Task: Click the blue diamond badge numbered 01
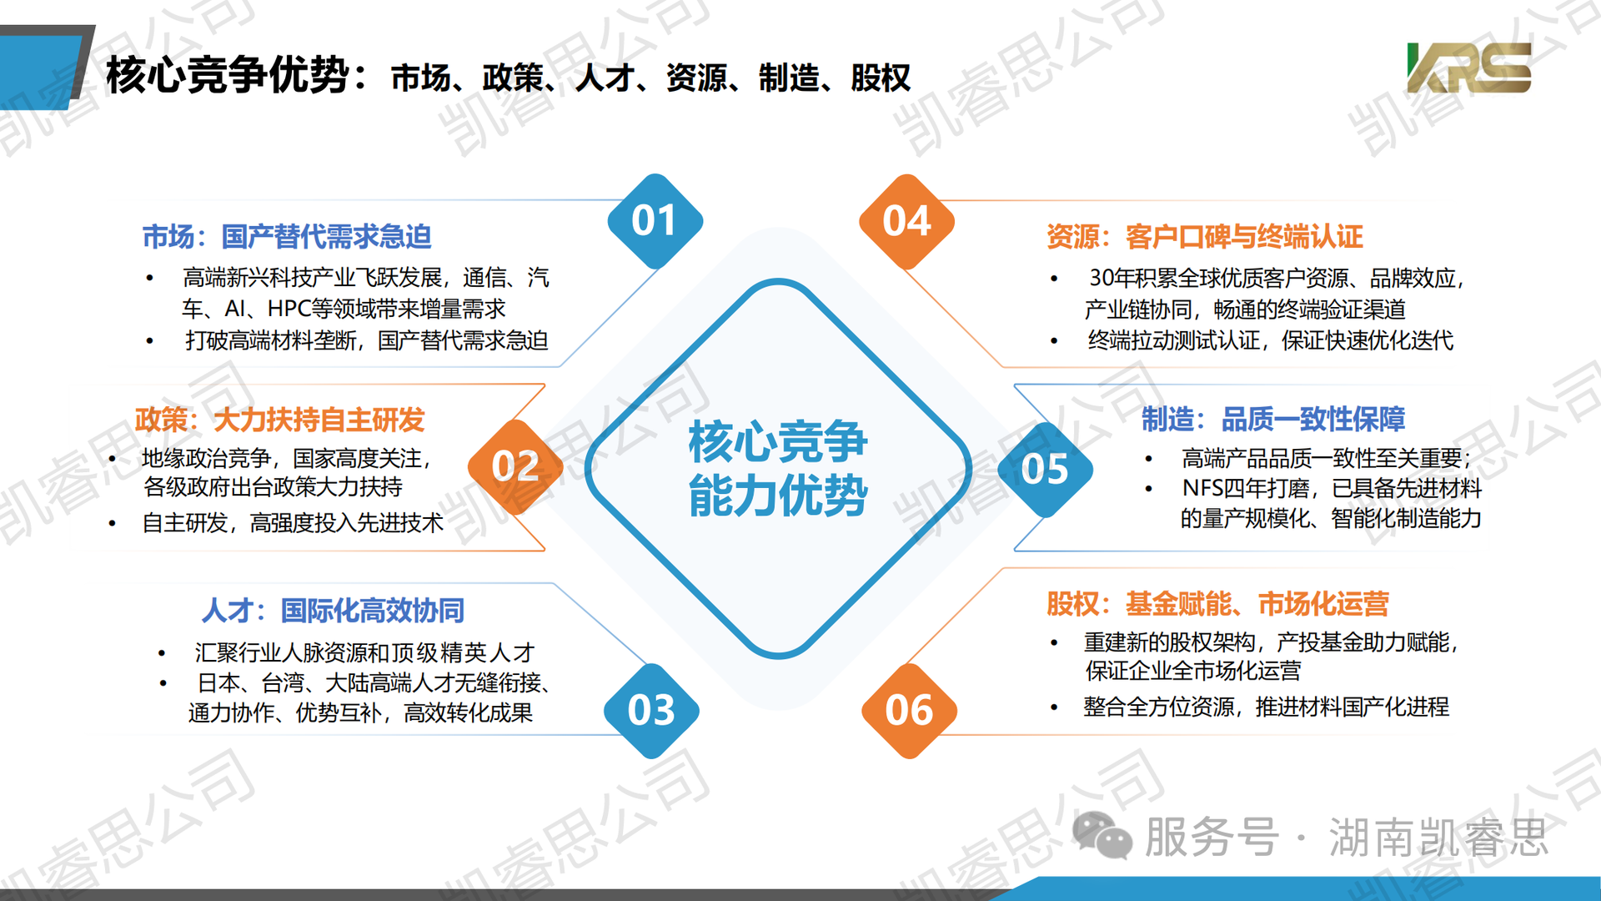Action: pos(655,221)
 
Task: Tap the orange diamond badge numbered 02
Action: pos(515,466)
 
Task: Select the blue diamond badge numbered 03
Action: pos(651,711)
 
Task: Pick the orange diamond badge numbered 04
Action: pos(906,222)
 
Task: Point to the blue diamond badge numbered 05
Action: pos(1045,469)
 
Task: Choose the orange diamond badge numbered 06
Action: pos(909,711)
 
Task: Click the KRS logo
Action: pos(1469,68)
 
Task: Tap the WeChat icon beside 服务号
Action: pos(1102,835)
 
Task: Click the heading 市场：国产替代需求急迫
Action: pos(287,237)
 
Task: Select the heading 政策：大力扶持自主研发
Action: pos(280,420)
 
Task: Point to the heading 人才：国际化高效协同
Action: pos(333,611)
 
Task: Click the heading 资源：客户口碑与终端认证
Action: pos(1205,237)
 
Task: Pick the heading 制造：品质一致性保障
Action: pos(1273,419)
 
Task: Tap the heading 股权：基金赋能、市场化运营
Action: pos(1218,603)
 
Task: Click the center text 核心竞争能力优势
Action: pos(778,469)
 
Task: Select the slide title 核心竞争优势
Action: pos(228,76)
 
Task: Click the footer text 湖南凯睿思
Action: pos(1438,837)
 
